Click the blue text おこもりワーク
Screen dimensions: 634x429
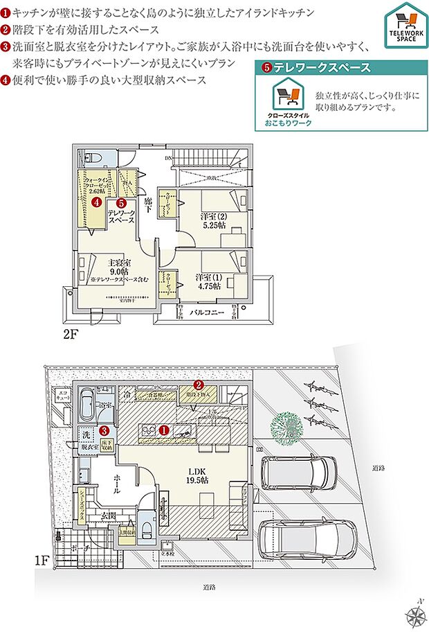tap(288, 123)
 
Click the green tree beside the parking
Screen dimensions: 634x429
tap(287, 423)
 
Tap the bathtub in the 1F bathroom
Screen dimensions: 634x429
tap(89, 404)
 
